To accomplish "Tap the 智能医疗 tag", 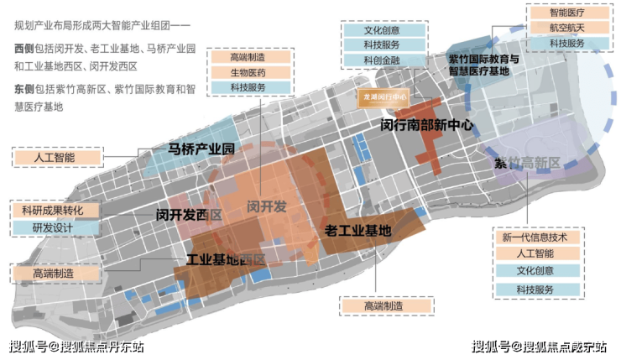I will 566,13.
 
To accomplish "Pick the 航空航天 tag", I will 566,28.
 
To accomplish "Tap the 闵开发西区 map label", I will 188,215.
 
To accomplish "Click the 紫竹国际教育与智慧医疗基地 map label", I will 483,65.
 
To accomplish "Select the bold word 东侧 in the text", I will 25,88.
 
